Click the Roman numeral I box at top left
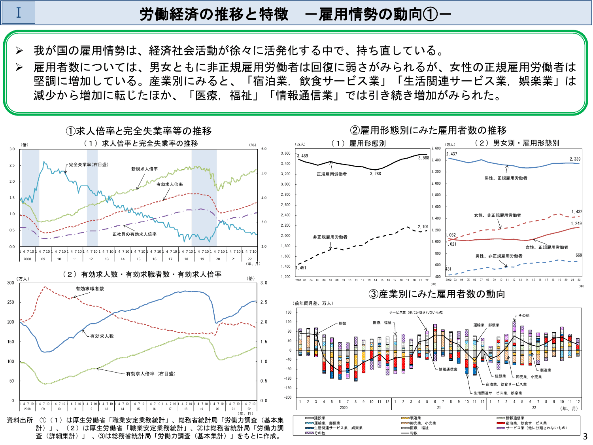click(19, 13)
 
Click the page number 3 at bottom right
click(585, 437)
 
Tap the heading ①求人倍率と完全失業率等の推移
click(139, 131)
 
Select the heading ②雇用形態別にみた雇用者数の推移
click(428, 130)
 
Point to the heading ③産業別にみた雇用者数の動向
click(437, 294)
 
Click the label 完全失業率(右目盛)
click(89, 165)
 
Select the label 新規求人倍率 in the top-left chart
click(145, 169)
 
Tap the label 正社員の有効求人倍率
click(134, 234)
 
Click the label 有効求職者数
click(90, 289)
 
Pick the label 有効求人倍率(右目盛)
click(151, 373)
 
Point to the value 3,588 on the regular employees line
click(424, 158)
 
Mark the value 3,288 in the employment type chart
click(376, 174)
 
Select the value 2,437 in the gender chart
click(451, 154)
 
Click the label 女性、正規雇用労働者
click(547, 247)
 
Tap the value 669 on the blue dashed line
click(579, 255)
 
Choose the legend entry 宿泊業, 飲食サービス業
click(526, 423)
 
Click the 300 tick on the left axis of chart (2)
click(11, 283)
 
